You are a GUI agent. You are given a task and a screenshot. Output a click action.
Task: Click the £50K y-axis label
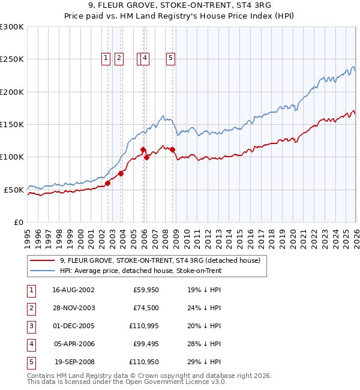coord(14,190)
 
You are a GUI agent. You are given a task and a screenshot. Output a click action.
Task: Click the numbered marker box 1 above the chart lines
coord(106,58)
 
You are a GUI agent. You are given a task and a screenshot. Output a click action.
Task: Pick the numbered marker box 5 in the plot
coord(170,58)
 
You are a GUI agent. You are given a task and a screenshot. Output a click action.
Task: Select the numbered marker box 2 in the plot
coord(119,58)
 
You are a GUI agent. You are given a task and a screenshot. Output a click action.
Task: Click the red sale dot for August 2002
coord(108,183)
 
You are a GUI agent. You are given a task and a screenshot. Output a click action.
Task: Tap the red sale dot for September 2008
coord(173,149)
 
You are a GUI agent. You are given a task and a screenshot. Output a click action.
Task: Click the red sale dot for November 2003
coord(121,173)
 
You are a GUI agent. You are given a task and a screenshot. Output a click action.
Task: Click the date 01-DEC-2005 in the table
coord(73,326)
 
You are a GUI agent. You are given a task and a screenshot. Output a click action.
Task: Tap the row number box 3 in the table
coord(30,326)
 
